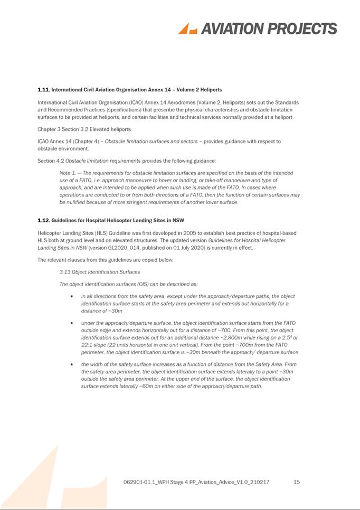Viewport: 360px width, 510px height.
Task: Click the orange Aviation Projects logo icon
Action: click(187, 29)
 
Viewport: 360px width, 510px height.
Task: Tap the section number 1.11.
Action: click(43, 90)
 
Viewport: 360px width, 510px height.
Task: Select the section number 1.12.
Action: click(43, 220)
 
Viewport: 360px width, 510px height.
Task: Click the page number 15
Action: click(297, 482)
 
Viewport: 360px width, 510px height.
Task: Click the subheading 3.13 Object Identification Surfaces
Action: click(100, 272)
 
